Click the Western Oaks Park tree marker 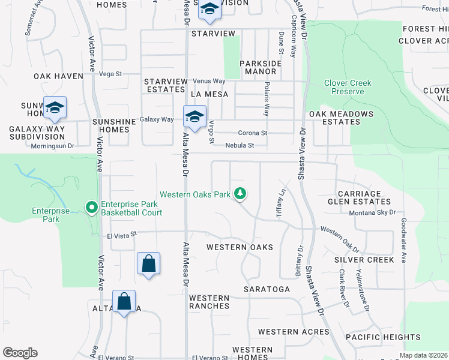[x=240, y=193]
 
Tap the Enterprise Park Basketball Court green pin [x=92, y=208]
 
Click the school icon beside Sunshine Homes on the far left [x=55, y=107]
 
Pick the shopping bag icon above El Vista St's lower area [x=148, y=263]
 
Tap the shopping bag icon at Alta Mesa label [x=124, y=301]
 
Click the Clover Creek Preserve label [x=348, y=87]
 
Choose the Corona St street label [x=252, y=133]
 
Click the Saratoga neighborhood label [x=267, y=289]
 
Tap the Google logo [x=20, y=353]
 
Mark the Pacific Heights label [x=383, y=337]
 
